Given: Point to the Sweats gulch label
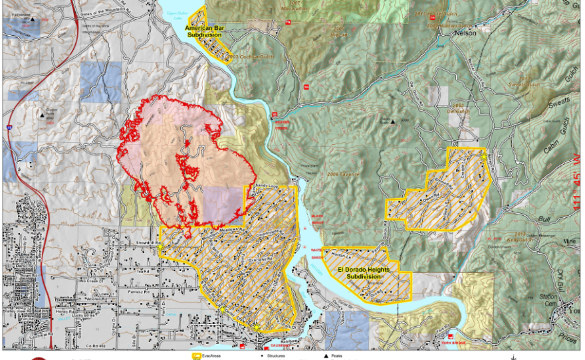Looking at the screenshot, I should tap(555, 106).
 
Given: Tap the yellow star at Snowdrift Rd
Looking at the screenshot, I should tap(160, 248).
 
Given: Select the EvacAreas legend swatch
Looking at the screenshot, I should tap(197, 356).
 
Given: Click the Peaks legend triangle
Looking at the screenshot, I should tap(326, 356).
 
